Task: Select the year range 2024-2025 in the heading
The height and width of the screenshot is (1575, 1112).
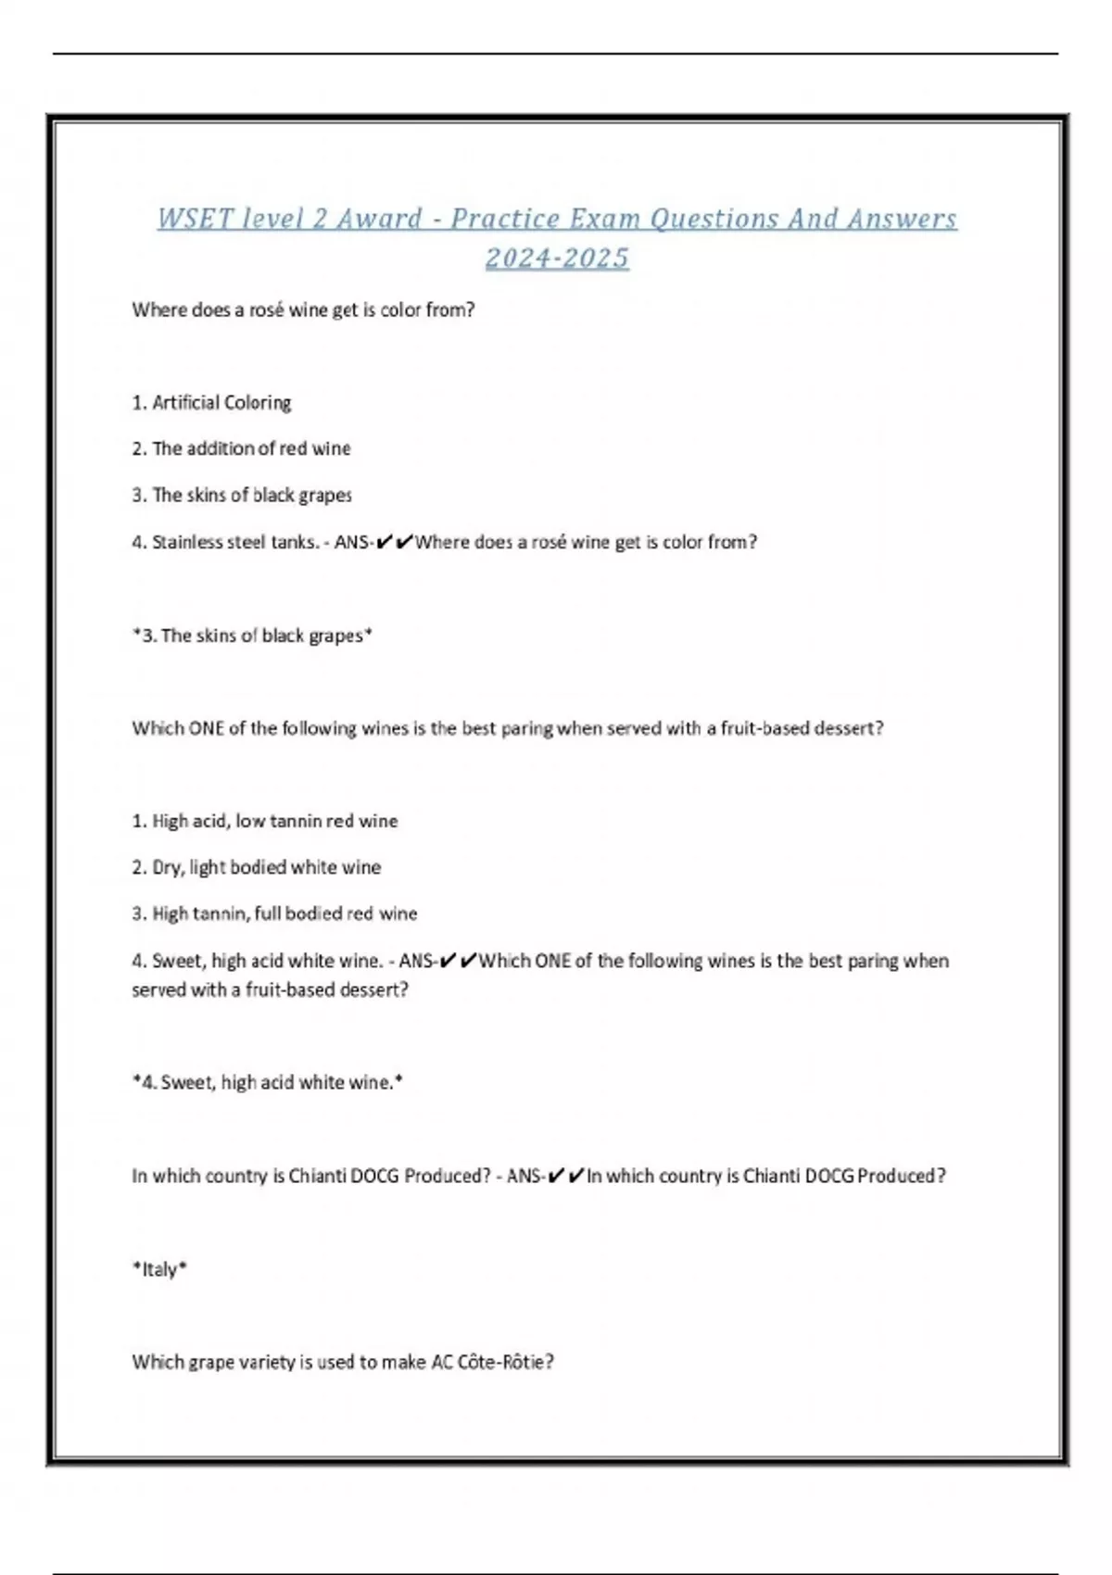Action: tap(557, 258)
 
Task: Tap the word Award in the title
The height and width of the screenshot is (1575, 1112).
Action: tap(379, 219)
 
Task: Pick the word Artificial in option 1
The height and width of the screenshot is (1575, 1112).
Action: tap(184, 402)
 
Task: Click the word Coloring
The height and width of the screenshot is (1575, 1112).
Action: tap(257, 402)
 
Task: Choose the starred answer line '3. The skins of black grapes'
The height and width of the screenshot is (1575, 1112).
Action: tap(252, 636)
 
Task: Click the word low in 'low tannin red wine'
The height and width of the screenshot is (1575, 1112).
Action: tap(250, 821)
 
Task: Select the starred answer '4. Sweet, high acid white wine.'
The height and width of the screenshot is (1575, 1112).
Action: tap(268, 1082)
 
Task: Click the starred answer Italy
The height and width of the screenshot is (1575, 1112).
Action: tap(159, 1269)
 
